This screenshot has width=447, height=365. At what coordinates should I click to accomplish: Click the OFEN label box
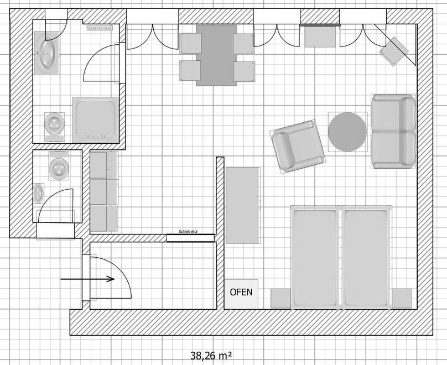click(241, 294)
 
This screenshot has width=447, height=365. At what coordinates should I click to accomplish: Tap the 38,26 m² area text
click(211, 356)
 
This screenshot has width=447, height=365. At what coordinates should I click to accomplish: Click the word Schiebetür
click(189, 232)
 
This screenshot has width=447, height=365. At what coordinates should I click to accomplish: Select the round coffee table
click(347, 132)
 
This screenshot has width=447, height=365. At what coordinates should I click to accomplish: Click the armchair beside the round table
click(298, 146)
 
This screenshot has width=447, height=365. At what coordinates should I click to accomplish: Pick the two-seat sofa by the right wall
click(393, 132)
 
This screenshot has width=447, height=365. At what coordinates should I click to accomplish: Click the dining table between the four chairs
click(216, 55)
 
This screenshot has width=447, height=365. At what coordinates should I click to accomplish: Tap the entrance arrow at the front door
click(87, 279)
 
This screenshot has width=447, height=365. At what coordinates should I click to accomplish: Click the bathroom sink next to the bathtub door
click(47, 53)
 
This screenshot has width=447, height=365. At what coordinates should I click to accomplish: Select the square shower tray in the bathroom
click(96, 119)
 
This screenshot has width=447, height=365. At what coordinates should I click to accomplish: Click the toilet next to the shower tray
click(55, 127)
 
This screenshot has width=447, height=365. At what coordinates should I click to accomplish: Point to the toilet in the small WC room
click(59, 165)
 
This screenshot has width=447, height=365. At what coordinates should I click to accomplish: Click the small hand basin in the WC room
click(39, 193)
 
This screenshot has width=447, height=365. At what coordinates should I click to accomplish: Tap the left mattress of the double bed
click(315, 257)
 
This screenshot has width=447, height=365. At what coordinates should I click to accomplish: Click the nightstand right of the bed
click(402, 299)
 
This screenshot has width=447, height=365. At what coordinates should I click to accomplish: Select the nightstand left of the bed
click(281, 299)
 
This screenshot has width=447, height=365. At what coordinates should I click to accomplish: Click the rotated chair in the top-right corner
click(394, 51)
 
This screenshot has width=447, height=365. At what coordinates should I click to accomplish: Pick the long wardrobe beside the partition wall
click(243, 205)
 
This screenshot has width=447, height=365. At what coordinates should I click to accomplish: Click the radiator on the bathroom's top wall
click(100, 28)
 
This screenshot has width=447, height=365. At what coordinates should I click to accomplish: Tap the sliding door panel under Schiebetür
click(190, 238)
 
